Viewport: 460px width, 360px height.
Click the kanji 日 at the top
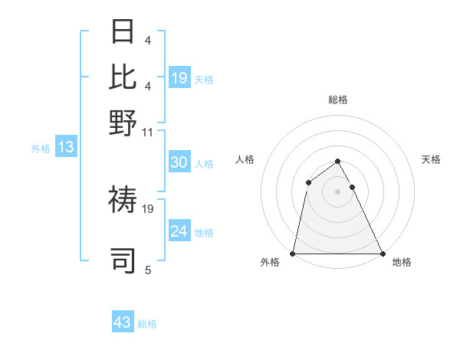pos(123,32)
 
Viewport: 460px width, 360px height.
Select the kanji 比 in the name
pos(123,77)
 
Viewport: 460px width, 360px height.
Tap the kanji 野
pos(123,123)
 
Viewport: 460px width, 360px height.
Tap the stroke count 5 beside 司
pos(147,270)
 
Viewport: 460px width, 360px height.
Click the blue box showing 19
pos(179,77)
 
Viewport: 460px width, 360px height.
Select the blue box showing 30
pos(179,162)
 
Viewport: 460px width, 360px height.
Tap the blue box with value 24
pos(179,231)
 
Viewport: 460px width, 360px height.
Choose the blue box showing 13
pos(65,148)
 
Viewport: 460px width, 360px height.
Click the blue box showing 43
pos(123,322)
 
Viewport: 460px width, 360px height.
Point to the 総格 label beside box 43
pos(147,324)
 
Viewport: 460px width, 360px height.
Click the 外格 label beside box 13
pos(41,149)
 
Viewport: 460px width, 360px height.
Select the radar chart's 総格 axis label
pos(338,100)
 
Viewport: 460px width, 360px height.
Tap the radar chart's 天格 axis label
pos(431,159)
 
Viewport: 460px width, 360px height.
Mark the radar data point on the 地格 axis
pos(382,254)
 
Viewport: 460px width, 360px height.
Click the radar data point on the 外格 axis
pos(294,254)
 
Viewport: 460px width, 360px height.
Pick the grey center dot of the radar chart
pos(338,191)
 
